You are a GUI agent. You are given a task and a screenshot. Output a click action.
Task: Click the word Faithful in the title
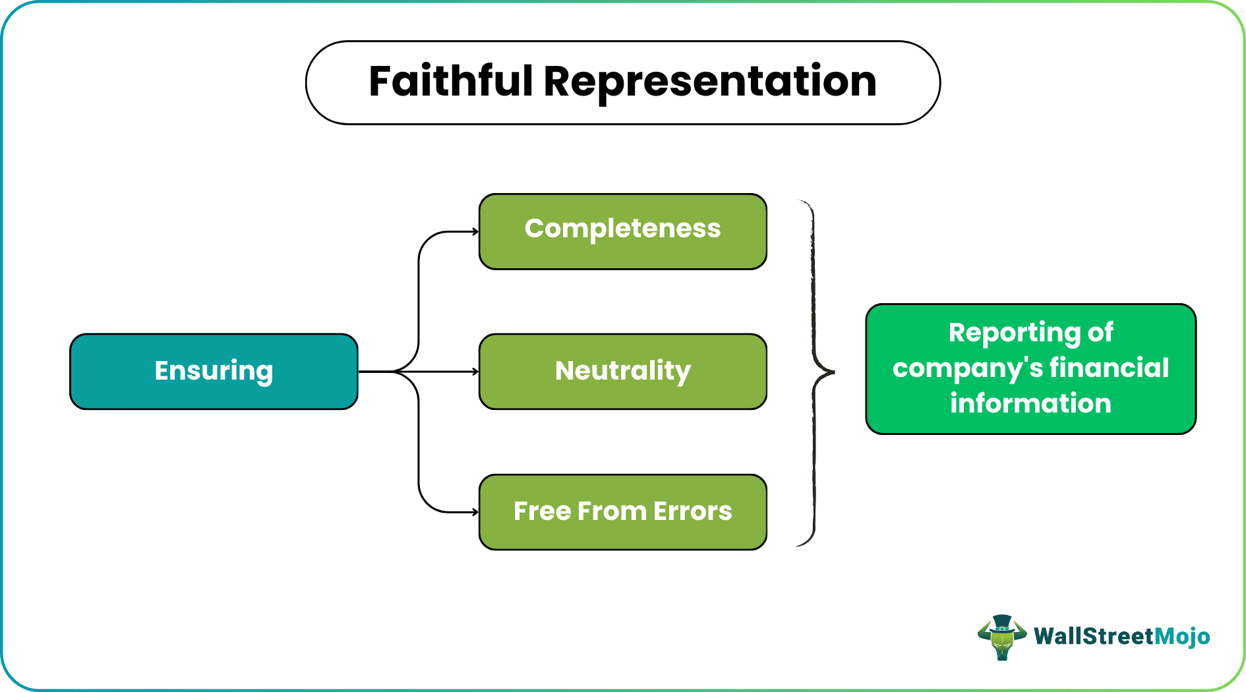coord(450,82)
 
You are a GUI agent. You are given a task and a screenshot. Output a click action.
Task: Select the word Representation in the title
coord(709,82)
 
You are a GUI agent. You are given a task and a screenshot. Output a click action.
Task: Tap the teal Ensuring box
coord(214,371)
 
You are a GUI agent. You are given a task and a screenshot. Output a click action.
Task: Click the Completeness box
coord(622,231)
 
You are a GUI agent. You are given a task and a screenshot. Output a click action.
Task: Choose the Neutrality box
coord(622,371)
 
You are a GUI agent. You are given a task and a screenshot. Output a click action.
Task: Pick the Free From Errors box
coord(622,511)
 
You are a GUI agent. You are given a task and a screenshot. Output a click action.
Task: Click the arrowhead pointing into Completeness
coord(475,231)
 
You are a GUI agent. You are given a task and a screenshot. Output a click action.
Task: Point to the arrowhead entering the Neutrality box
coord(475,372)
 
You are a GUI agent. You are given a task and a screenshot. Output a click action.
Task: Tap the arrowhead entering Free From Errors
coord(475,512)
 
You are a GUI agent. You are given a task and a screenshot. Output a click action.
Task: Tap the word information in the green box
coord(1030,403)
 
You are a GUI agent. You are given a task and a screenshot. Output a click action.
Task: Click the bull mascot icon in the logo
coord(1002,638)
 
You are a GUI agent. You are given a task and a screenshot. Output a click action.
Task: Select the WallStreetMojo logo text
coord(1121,636)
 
